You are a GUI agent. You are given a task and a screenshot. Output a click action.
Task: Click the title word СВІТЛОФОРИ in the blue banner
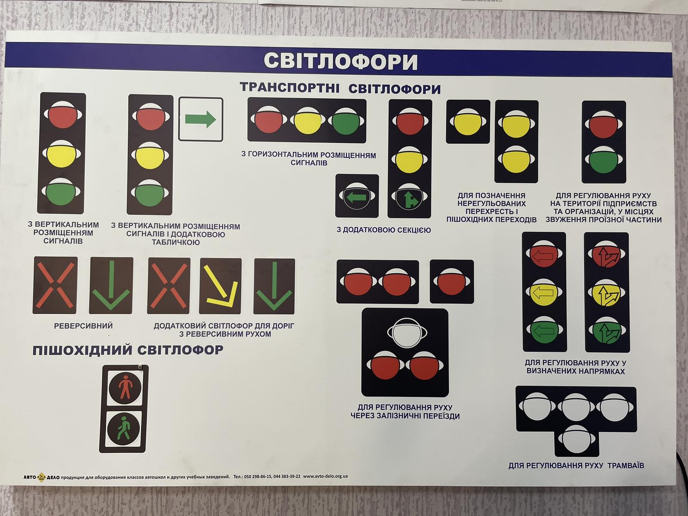coord(341,61)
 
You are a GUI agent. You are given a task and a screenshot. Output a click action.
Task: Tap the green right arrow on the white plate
coord(201,120)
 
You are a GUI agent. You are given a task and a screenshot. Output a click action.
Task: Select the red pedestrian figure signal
coord(126,387)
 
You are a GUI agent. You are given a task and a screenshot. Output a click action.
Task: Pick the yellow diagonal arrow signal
coord(221,286)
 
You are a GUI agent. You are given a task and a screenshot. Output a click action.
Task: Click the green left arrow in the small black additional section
coord(357,197)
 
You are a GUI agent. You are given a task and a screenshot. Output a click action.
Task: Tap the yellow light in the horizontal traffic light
coord(307,120)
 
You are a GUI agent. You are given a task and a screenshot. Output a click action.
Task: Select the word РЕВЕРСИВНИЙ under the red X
coord(83,326)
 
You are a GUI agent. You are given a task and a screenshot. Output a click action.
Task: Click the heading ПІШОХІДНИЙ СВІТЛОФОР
coord(128,350)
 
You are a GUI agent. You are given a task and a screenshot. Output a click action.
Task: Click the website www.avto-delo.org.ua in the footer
coord(326,476)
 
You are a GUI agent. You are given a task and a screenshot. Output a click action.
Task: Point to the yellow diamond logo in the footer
coord(41,477)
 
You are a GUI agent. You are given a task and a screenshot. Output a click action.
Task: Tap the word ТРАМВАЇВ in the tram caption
coord(626,466)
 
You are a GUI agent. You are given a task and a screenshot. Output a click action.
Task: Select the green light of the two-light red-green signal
coord(604,160)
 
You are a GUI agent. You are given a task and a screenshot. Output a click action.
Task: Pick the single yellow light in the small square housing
coord(467,122)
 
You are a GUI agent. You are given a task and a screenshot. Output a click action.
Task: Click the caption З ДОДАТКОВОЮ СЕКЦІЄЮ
coord(384,230)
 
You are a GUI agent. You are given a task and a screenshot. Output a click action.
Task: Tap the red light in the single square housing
coord(451,282)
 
